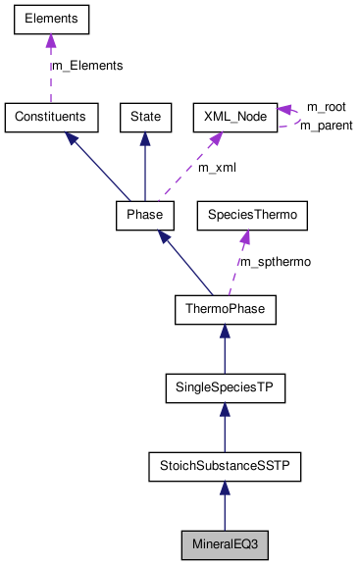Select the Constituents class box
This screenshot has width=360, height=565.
[x=51, y=117]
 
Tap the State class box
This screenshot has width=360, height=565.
[x=145, y=117]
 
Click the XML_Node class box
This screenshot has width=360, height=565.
[x=233, y=117]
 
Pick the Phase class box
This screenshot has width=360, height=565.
[x=145, y=214]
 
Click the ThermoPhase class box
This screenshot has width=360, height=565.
[x=225, y=311]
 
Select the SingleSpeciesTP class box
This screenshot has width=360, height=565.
[x=225, y=389]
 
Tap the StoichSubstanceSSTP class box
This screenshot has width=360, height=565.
[x=225, y=467]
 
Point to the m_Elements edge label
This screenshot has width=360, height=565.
[x=87, y=66]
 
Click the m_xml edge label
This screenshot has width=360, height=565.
[x=217, y=167]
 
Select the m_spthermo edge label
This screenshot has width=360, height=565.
[x=276, y=263]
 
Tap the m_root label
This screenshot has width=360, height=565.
[x=326, y=106]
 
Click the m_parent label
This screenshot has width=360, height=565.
[x=326, y=126]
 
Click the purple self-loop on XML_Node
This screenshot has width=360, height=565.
[x=291, y=117]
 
